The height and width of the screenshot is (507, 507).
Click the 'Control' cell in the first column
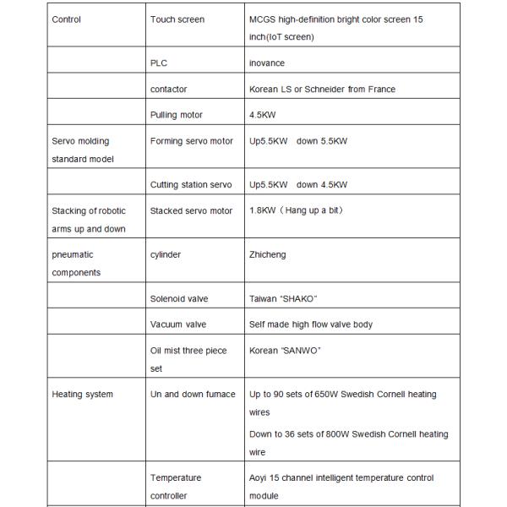click(x=67, y=19)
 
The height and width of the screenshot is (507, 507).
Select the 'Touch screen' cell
click(x=177, y=19)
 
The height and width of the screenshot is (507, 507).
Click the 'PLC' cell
click(x=158, y=63)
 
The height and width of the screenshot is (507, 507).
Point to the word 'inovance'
click(x=266, y=63)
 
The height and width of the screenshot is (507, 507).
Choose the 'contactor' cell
click(x=168, y=89)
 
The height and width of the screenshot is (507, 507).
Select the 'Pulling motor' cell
click(x=176, y=114)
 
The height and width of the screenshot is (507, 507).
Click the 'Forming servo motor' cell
click(x=191, y=140)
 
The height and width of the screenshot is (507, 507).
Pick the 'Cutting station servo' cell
click(x=190, y=184)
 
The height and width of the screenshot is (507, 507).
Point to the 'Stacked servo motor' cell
click(x=191, y=210)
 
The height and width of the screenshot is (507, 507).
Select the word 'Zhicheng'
click(x=268, y=254)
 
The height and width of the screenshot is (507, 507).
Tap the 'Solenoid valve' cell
click(x=178, y=298)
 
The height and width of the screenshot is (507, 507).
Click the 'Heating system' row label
click(x=82, y=394)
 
